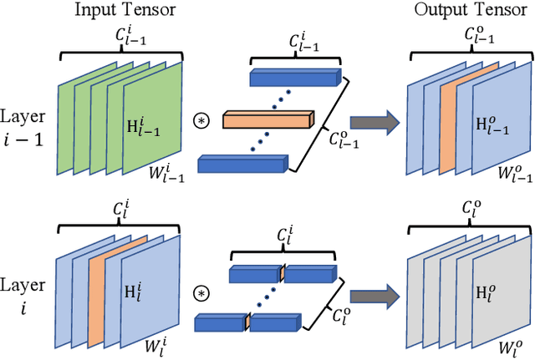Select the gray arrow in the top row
click(x=372, y=122)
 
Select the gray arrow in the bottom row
click(x=372, y=295)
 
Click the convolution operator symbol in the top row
click(x=201, y=122)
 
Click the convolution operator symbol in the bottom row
click(x=201, y=293)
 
